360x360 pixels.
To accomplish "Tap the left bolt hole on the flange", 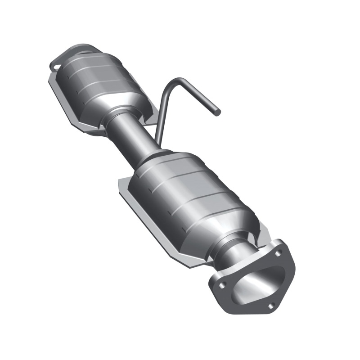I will [222, 284].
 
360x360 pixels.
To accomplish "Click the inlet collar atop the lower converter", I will [155, 157].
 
